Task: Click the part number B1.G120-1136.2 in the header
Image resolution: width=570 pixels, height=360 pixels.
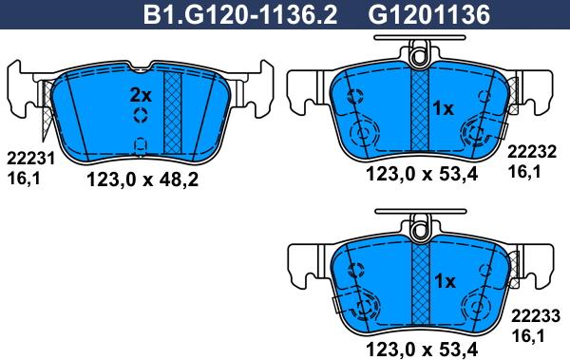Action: (240, 14)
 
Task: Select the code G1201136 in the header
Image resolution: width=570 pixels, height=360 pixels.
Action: (429, 14)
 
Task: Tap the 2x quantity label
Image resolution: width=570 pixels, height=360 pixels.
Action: (141, 95)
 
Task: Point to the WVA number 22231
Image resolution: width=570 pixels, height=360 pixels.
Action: (31, 159)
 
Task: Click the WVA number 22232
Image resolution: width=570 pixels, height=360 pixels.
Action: (532, 152)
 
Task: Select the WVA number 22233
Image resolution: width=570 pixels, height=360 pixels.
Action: (536, 316)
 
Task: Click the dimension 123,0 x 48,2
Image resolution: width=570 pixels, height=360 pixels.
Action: (142, 180)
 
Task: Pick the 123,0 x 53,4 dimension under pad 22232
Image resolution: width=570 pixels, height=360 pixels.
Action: (422, 174)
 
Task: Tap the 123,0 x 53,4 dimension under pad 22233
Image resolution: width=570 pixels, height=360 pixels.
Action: (422, 350)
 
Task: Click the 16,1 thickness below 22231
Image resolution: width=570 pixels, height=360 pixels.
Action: (24, 179)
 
